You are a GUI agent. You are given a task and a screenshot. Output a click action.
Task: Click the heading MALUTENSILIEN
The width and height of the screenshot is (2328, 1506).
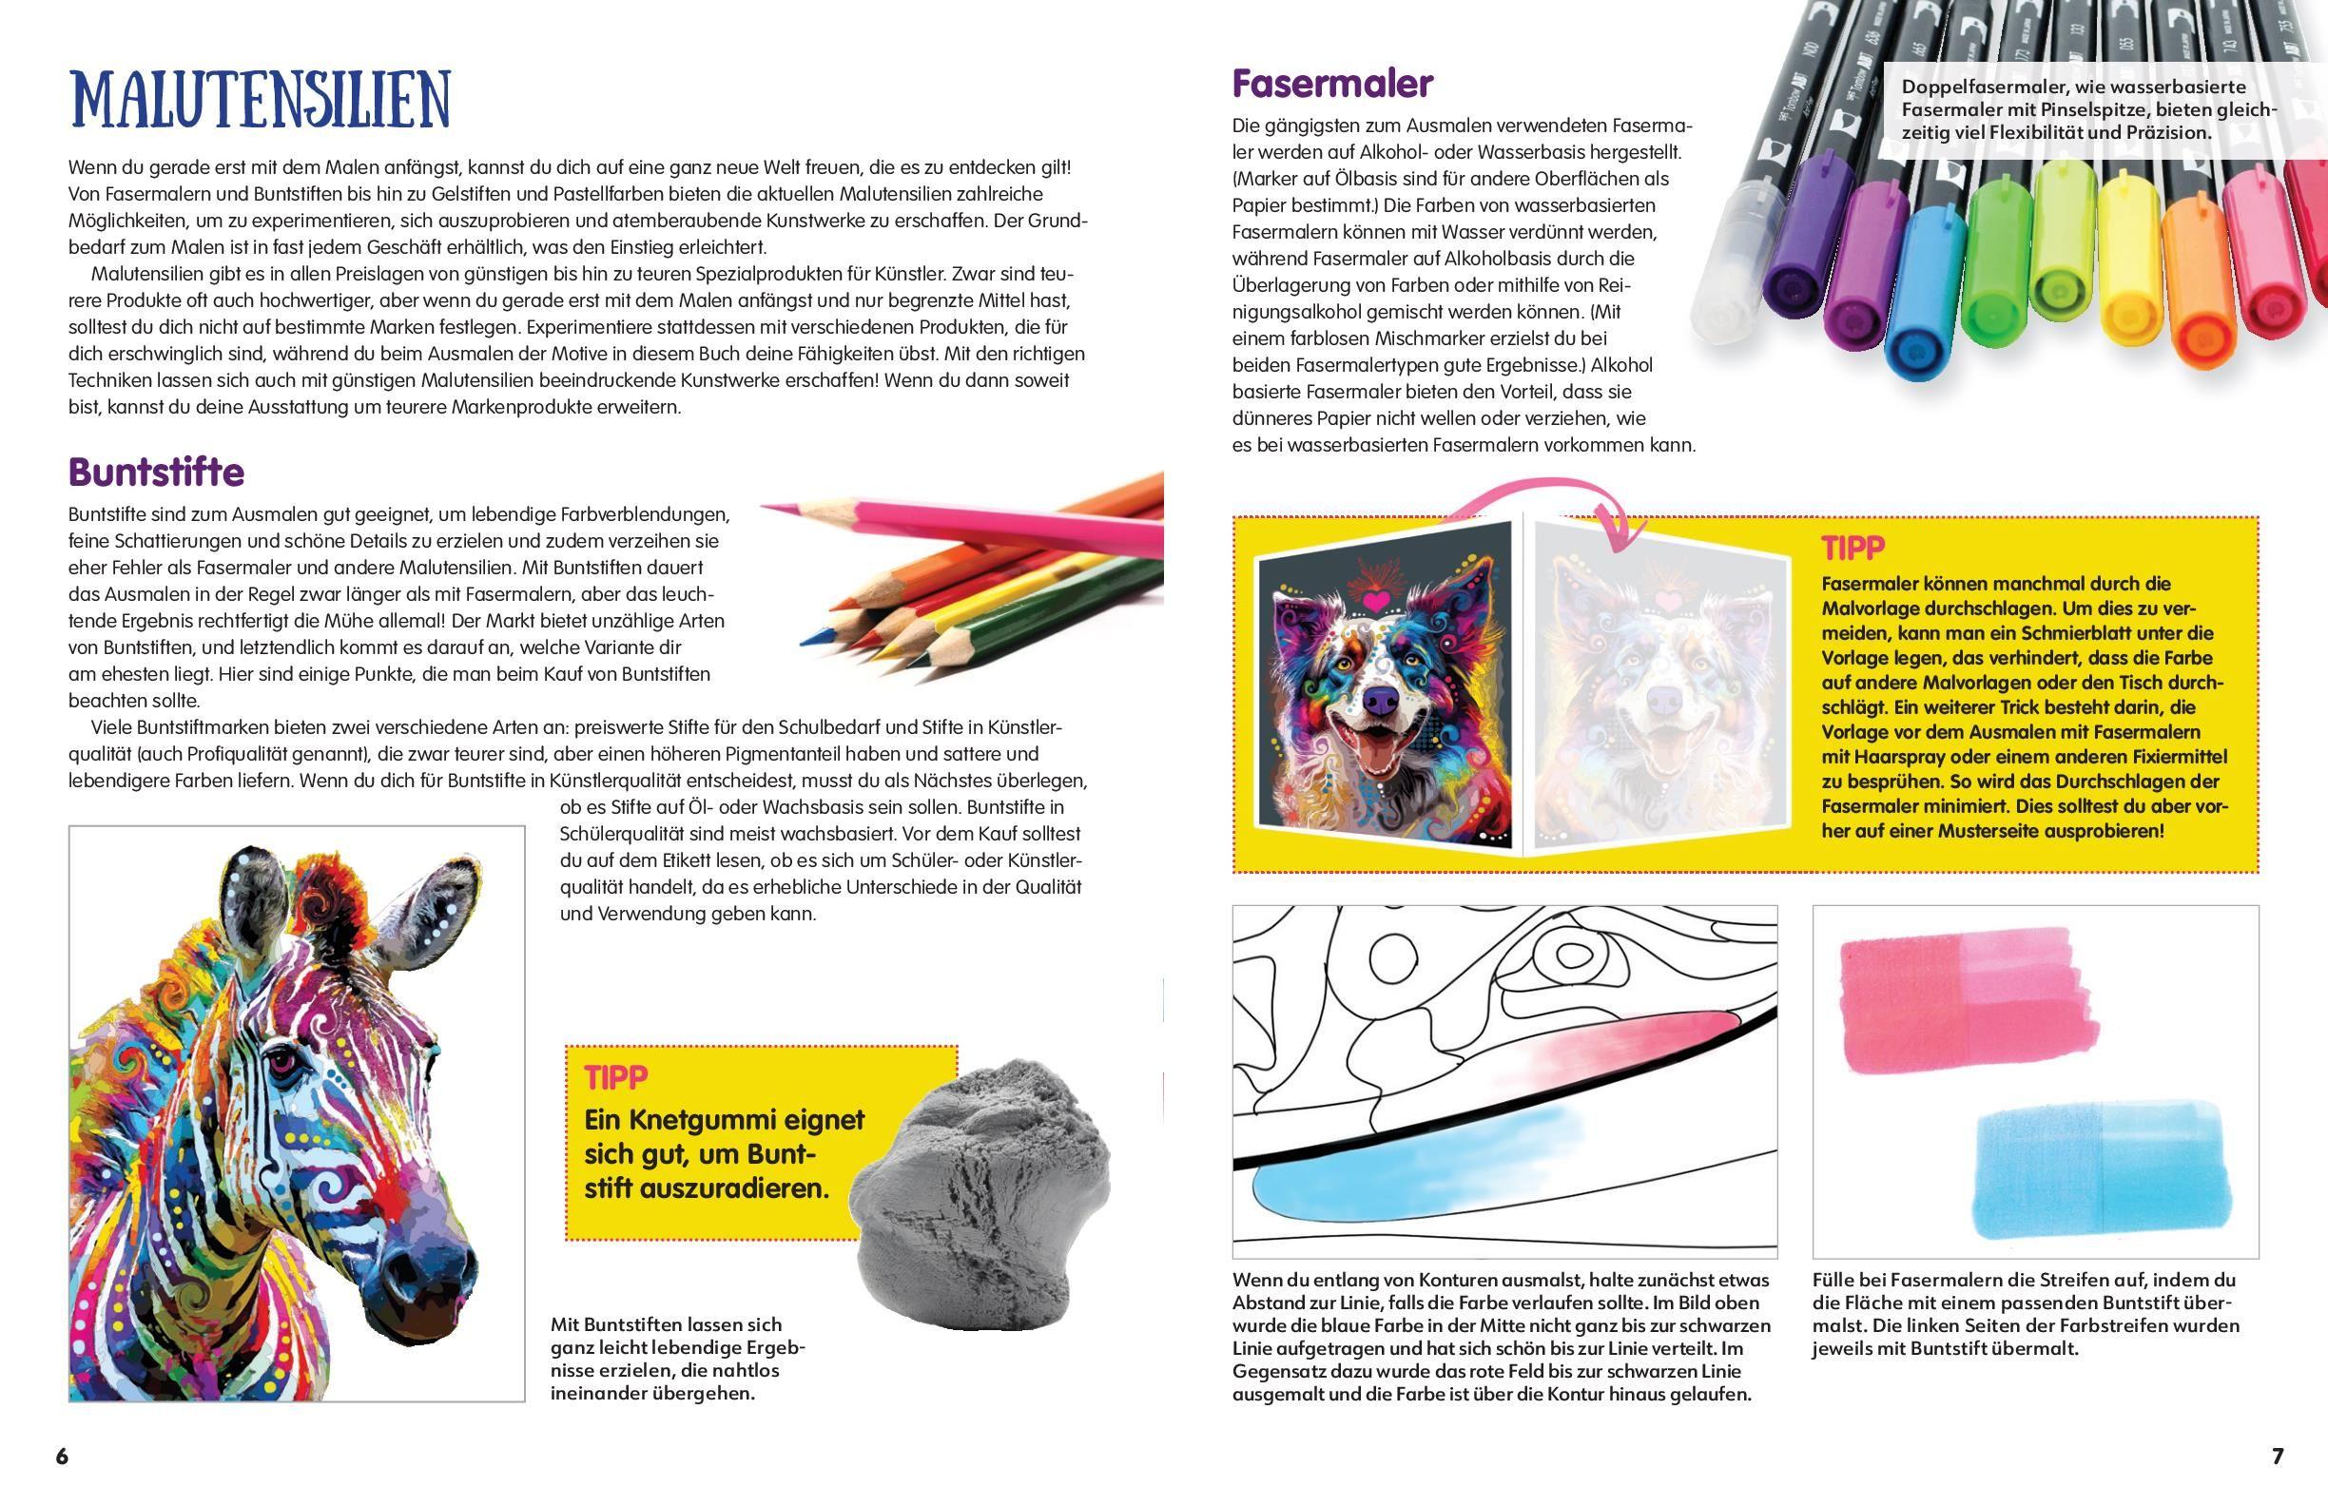click(x=261, y=99)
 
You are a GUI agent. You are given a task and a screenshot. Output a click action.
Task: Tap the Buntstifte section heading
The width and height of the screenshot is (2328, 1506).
click(x=157, y=473)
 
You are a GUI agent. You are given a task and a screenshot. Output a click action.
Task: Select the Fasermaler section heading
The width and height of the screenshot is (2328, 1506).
click(x=1332, y=84)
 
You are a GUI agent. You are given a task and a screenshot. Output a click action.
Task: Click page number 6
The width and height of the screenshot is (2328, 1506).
click(x=62, y=1457)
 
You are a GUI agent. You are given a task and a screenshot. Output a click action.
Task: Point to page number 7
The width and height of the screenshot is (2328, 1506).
click(x=2278, y=1457)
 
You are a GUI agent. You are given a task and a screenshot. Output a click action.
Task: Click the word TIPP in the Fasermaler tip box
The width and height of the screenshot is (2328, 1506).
click(x=1853, y=548)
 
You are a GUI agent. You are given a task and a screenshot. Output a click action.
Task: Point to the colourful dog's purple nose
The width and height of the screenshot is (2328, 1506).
click(x=1380, y=700)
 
